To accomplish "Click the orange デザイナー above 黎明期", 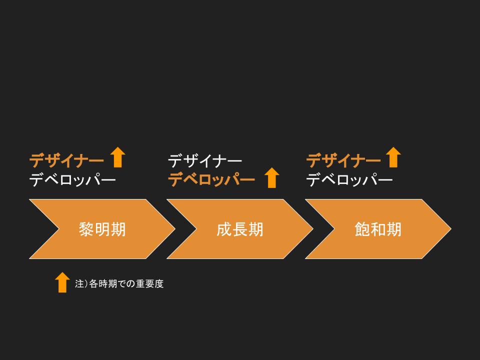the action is pos(66,160).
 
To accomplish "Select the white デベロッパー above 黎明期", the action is pos(72,179).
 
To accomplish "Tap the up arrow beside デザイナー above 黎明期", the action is pos(117,157).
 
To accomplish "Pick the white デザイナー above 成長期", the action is pos(205,160).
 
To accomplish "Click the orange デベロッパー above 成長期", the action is pos(211,179).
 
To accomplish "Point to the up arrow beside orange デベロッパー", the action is pos(271,177).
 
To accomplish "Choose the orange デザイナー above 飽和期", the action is pos(343,160).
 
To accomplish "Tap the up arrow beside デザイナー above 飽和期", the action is pos(393,157).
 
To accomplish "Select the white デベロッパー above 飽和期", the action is pos(349,179).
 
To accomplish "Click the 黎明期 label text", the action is pos(102,229).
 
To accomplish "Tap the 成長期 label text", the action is pos(240,229).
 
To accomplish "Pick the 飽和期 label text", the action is pos(378,229).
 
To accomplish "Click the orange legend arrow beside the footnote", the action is pos(62,282).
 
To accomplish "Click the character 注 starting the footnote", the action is pos(78,284).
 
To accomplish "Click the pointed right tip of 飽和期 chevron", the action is pos(450,229).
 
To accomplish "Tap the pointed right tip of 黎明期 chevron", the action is pos(174,229).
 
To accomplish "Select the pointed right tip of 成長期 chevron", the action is pos(312,229).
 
